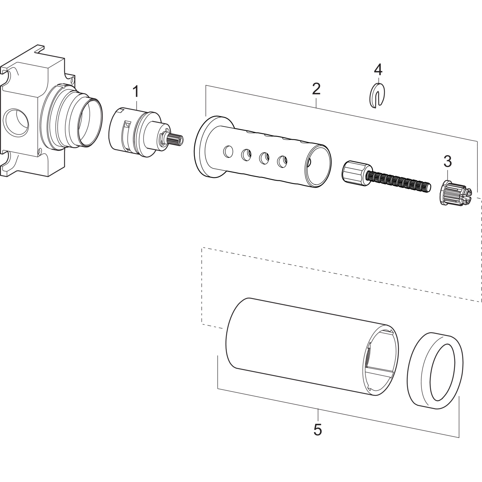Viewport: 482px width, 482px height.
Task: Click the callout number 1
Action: pos(136,92)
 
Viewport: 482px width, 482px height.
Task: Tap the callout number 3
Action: pos(447,161)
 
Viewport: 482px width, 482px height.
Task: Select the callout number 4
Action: pos(378,70)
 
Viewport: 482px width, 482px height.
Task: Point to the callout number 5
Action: pos(317,429)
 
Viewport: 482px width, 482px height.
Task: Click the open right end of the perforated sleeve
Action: pos(318,167)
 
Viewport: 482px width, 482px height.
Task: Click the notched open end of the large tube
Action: pos(382,362)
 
